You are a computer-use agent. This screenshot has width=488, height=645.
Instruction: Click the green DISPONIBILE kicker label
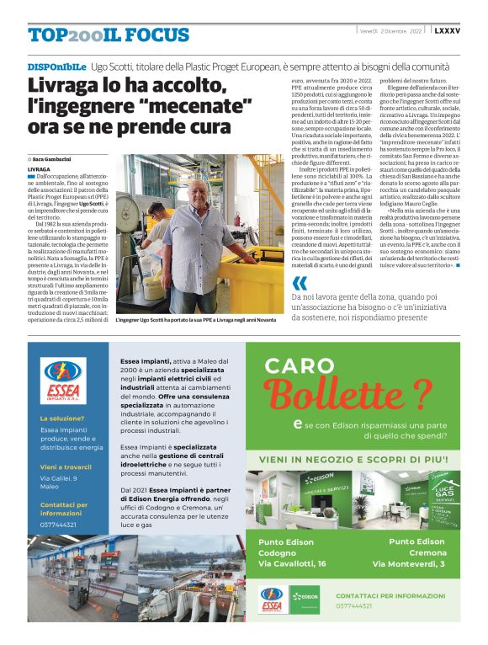pyautogui.click(x=56, y=66)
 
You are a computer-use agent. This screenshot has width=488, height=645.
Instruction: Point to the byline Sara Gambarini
pyautogui.click(x=56, y=158)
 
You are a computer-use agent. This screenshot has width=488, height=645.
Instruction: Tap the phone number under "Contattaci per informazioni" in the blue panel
pyautogui.click(x=58, y=525)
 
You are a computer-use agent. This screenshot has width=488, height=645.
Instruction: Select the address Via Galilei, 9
pyautogui.click(x=58, y=478)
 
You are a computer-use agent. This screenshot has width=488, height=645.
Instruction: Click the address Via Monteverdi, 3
pyautogui.click(x=408, y=563)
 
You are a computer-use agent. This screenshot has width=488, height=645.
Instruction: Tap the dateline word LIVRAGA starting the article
pyautogui.click(x=39, y=169)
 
